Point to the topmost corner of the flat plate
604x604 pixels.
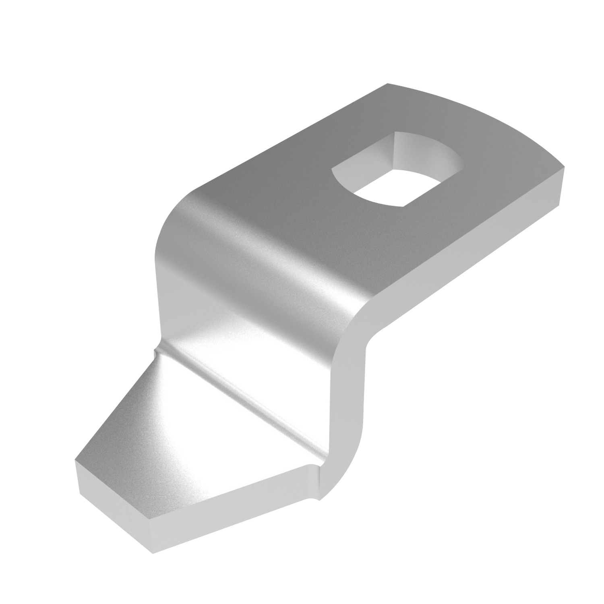387,84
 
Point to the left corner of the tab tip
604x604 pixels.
75,460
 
